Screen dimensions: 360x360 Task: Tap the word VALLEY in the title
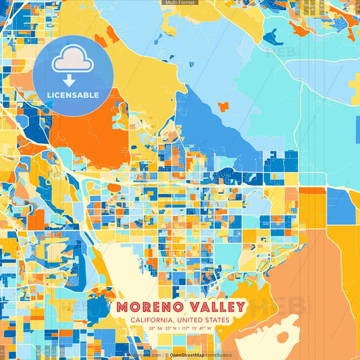pos(213,308)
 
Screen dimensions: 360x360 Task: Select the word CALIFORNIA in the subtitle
pos(153,320)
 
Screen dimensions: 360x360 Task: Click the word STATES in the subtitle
pos(217,320)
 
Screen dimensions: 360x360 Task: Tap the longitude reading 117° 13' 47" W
pos(197,328)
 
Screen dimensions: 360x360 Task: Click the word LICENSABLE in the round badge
pos(73,95)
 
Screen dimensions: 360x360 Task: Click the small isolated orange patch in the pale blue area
pos(224,107)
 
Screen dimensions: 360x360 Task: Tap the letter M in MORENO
pos(123,308)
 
